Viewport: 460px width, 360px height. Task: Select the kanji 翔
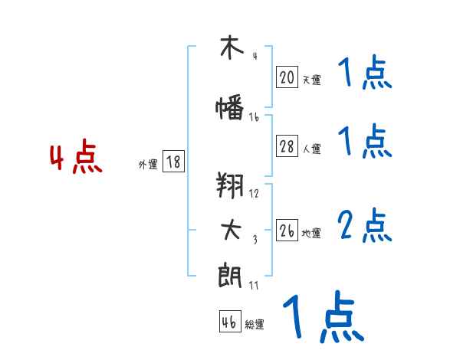[x=229, y=185]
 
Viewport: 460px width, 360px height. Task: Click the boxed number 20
[x=287, y=77]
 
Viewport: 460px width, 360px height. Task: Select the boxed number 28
[x=287, y=147]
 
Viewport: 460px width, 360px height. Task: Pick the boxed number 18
[x=173, y=162]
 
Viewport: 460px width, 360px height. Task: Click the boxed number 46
[x=228, y=322]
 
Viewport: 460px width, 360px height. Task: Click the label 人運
[x=310, y=149]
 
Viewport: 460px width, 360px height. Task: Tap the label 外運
[x=148, y=164]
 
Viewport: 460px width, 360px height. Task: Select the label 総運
[x=254, y=325]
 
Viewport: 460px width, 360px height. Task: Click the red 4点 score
[x=75, y=159]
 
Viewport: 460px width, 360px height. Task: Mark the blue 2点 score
[x=364, y=226]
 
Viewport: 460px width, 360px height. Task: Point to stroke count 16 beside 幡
[x=254, y=117]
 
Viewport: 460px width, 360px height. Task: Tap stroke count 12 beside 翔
[x=254, y=193]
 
